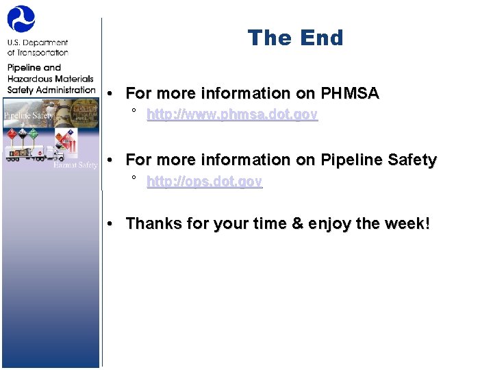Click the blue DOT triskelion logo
(21, 18)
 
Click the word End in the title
(320, 38)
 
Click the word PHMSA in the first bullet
(350, 93)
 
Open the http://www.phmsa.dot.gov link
(232, 115)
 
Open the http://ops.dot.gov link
(204, 182)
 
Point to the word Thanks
(151, 223)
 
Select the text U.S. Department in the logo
(38, 42)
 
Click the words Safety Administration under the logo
(51, 90)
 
